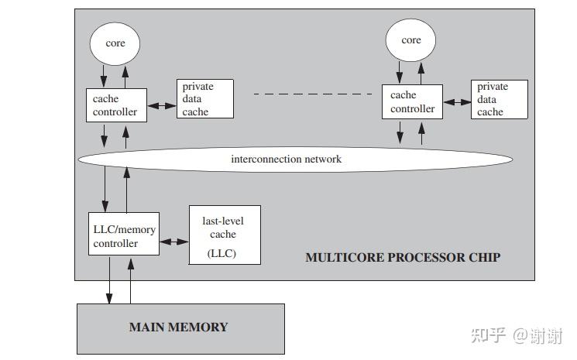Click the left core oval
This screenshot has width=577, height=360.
115,43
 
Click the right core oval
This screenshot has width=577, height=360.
411,40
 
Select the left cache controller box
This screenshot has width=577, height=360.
115,105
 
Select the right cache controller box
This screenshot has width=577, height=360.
411,102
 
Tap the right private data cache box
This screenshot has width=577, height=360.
500,99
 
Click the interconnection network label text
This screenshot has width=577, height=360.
286,159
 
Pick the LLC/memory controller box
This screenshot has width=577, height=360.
124,236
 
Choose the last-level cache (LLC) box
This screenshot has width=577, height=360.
225,234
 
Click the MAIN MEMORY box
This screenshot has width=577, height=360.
180,327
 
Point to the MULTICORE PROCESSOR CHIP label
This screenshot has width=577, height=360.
403,257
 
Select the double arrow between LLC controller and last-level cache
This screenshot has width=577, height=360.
174,242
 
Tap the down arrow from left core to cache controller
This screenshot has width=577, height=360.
105,76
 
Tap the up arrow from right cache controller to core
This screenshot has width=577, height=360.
421,73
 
